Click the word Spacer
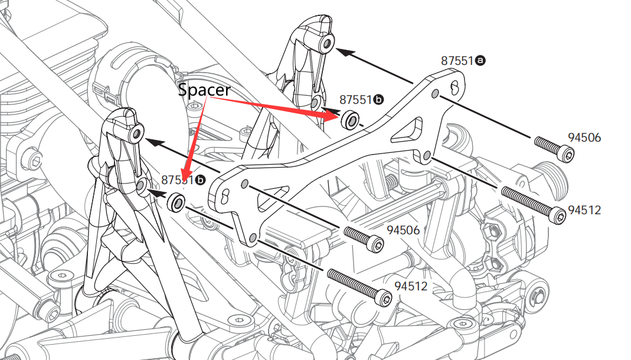coord(204,90)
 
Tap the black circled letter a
coord(480,61)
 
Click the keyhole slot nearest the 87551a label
coord(455,88)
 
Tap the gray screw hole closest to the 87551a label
coord(435,94)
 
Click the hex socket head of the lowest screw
coord(385,299)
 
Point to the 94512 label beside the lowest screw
coord(410,286)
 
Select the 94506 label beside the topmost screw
coord(584,138)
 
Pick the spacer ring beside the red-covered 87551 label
coord(176,202)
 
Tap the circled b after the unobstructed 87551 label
coord(378,100)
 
